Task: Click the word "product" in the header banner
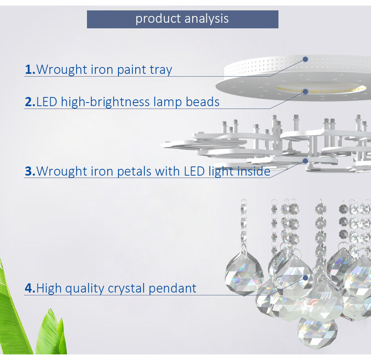tap(158, 19)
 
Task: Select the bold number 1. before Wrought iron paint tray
tap(30, 69)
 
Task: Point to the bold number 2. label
tap(30, 102)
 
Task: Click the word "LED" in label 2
tap(47, 102)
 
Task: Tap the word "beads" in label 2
tap(203, 102)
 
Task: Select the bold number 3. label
tap(30, 171)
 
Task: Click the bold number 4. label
tap(30, 288)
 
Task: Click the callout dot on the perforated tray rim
tap(306, 59)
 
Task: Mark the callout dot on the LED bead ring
tap(306, 91)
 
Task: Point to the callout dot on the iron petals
tap(306, 161)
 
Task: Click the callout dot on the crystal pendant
tap(306, 278)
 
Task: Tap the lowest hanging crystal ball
tap(318, 332)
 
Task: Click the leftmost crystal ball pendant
tap(244, 275)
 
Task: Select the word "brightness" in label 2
tap(120, 102)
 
